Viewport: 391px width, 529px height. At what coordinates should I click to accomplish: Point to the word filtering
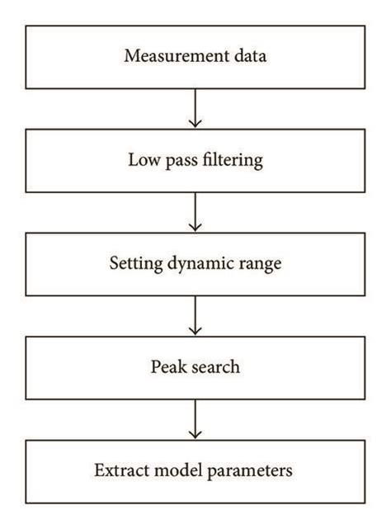pos(230,160)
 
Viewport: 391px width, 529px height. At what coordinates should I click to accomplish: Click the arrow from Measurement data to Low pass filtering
pos(195,107)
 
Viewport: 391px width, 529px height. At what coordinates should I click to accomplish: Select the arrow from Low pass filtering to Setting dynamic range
pos(195,211)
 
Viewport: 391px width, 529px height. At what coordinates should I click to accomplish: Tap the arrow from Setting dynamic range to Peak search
pos(195,314)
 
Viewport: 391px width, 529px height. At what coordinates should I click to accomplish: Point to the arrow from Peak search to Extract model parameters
pos(195,418)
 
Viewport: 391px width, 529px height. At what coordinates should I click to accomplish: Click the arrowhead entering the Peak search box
pos(195,331)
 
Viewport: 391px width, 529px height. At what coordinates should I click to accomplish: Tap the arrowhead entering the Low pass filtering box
pos(195,124)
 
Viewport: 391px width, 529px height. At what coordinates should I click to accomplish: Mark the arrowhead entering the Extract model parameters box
pos(195,435)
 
